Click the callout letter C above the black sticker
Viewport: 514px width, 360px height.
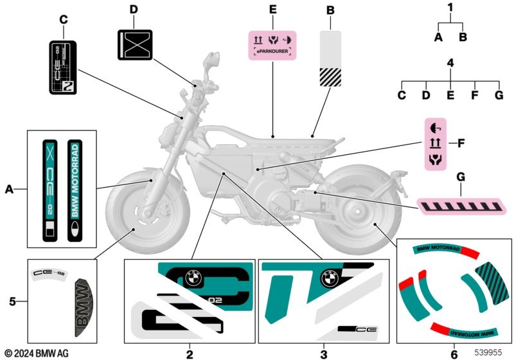[x=63, y=19]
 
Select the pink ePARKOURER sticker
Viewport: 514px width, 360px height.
[x=273, y=46]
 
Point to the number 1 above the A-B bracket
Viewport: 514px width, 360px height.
[x=450, y=8]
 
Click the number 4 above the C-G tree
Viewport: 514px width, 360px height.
[x=450, y=63]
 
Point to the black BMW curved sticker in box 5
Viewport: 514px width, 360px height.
[x=82, y=308]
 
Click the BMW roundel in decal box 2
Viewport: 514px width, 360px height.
[x=193, y=278]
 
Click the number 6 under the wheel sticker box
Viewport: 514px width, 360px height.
[x=454, y=353]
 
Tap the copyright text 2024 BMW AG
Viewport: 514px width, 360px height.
[x=37, y=354]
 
